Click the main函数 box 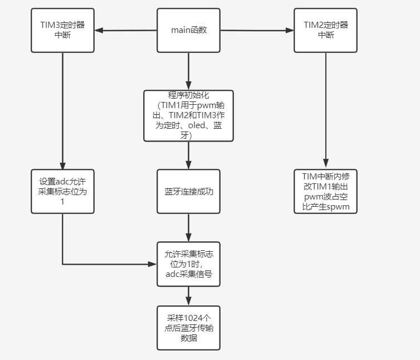point(188,31)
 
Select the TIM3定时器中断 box point(62,31)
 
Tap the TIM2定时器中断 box point(326,31)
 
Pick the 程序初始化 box point(188,115)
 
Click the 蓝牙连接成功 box point(188,192)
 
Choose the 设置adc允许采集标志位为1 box point(62,192)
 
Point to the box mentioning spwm point(326,192)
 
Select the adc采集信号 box point(188,264)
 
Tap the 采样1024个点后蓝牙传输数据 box point(188,328)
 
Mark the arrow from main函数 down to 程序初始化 point(188,71)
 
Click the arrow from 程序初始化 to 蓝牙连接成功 point(188,155)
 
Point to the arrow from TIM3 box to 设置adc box point(62,111)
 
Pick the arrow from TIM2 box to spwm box point(326,111)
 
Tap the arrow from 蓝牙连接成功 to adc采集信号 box point(188,228)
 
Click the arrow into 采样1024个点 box point(188,296)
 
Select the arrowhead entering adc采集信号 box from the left point(153,264)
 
